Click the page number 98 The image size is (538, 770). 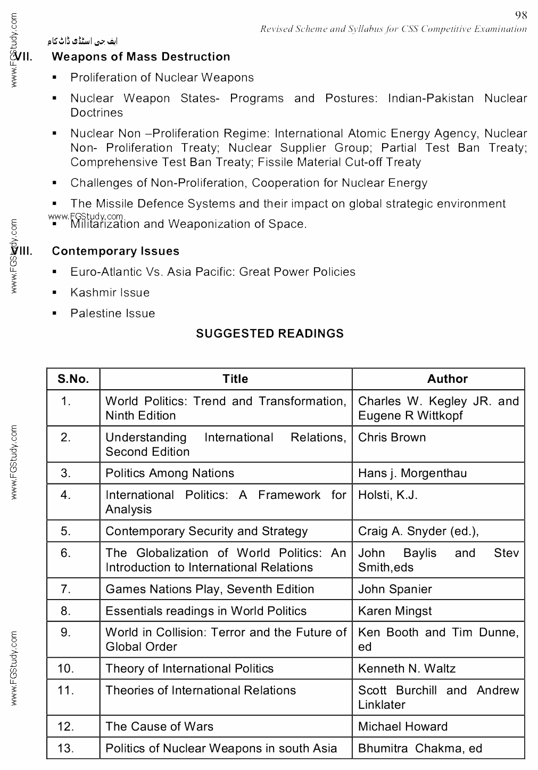(x=521, y=15)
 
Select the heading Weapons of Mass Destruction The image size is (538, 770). (x=141, y=57)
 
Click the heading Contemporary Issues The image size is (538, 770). (x=115, y=251)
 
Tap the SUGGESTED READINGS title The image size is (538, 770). (x=270, y=334)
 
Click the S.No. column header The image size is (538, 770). (x=73, y=379)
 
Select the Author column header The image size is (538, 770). (x=447, y=379)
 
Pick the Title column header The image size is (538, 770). (x=235, y=379)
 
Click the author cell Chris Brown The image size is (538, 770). (x=392, y=438)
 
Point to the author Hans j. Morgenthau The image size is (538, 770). (x=412, y=473)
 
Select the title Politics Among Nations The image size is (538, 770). (x=170, y=473)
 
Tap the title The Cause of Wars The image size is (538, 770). (x=159, y=727)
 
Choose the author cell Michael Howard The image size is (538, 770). (x=403, y=727)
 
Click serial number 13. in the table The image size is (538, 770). (x=66, y=749)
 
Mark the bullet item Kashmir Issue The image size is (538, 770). (x=110, y=293)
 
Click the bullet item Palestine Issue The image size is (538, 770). (x=113, y=314)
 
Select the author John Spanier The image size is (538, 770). (x=395, y=589)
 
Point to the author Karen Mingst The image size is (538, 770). (x=395, y=611)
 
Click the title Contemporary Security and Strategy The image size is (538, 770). (x=206, y=531)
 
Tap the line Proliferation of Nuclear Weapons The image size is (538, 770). (x=162, y=78)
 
